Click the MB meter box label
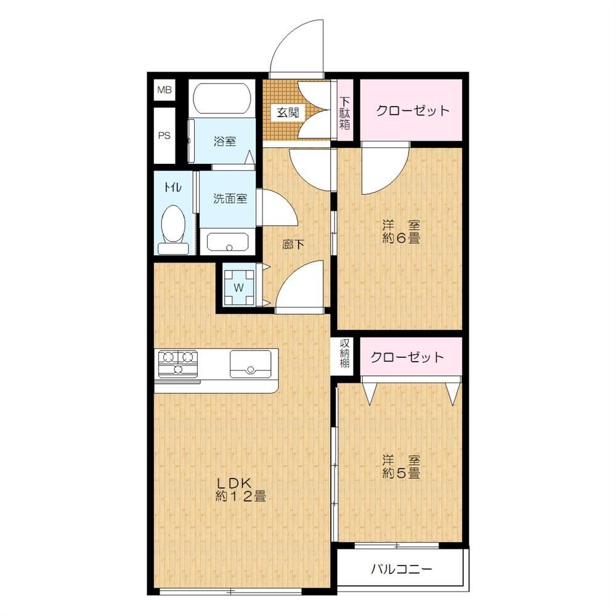[164, 90]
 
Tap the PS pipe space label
[164, 136]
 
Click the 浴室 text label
[225, 141]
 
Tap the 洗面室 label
[230, 198]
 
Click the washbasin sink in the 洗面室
[228, 242]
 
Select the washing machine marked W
[239, 287]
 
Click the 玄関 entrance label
[288, 113]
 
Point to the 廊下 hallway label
[293, 245]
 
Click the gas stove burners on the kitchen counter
[178, 362]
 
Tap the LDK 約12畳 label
[241, 490]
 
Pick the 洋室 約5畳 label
[401, 467]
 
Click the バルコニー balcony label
[402, 569]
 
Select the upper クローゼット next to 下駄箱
[411, 110]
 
